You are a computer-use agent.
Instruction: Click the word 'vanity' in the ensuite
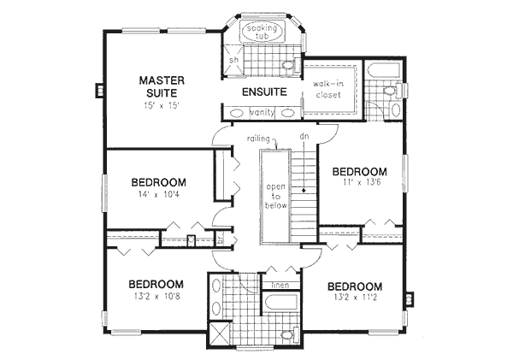click(261, 112)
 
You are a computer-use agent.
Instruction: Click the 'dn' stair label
click(303, 136)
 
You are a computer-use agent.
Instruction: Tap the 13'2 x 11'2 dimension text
click(353, 300)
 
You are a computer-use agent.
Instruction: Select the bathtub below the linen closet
click(280, 304)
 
